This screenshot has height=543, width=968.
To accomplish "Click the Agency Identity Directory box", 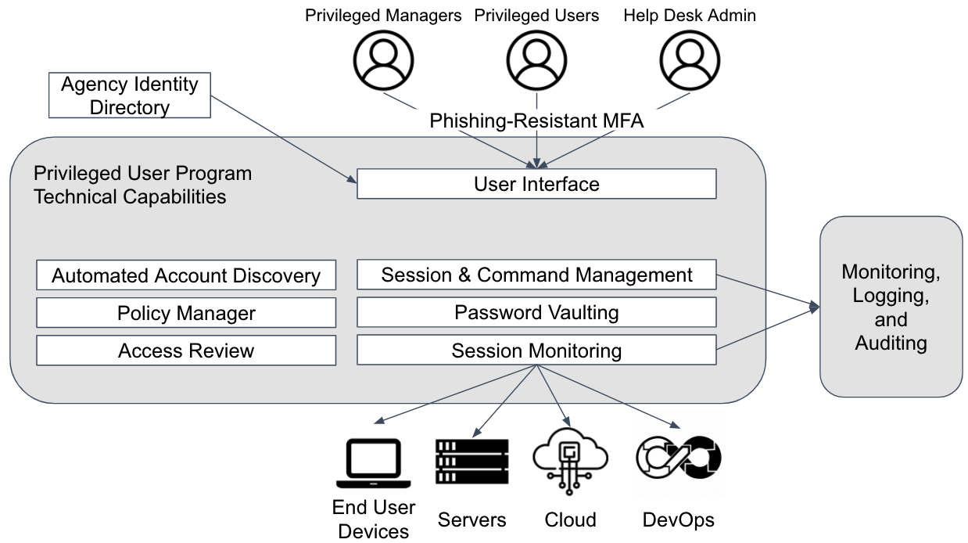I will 129,95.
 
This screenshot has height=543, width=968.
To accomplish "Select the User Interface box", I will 536,185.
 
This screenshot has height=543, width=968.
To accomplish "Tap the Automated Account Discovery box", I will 186,275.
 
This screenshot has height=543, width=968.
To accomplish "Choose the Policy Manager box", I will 186,313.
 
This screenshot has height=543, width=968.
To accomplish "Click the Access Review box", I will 186,351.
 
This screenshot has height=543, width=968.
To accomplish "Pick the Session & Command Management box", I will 536,275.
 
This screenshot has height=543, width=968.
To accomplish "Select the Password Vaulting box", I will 536,313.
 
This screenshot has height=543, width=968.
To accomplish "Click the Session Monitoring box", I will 536,351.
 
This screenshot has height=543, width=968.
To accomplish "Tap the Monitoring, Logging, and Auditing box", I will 891,307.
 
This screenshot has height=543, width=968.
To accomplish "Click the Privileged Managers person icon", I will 383,61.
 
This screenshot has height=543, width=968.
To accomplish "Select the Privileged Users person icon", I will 536,61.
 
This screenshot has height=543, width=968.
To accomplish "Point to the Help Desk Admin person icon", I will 689,61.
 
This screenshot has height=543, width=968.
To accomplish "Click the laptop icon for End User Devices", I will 373,463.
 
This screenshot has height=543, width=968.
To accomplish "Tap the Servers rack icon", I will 471,462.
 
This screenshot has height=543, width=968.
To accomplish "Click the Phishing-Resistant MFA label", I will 536,121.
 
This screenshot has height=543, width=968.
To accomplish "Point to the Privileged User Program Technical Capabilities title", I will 142,185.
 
